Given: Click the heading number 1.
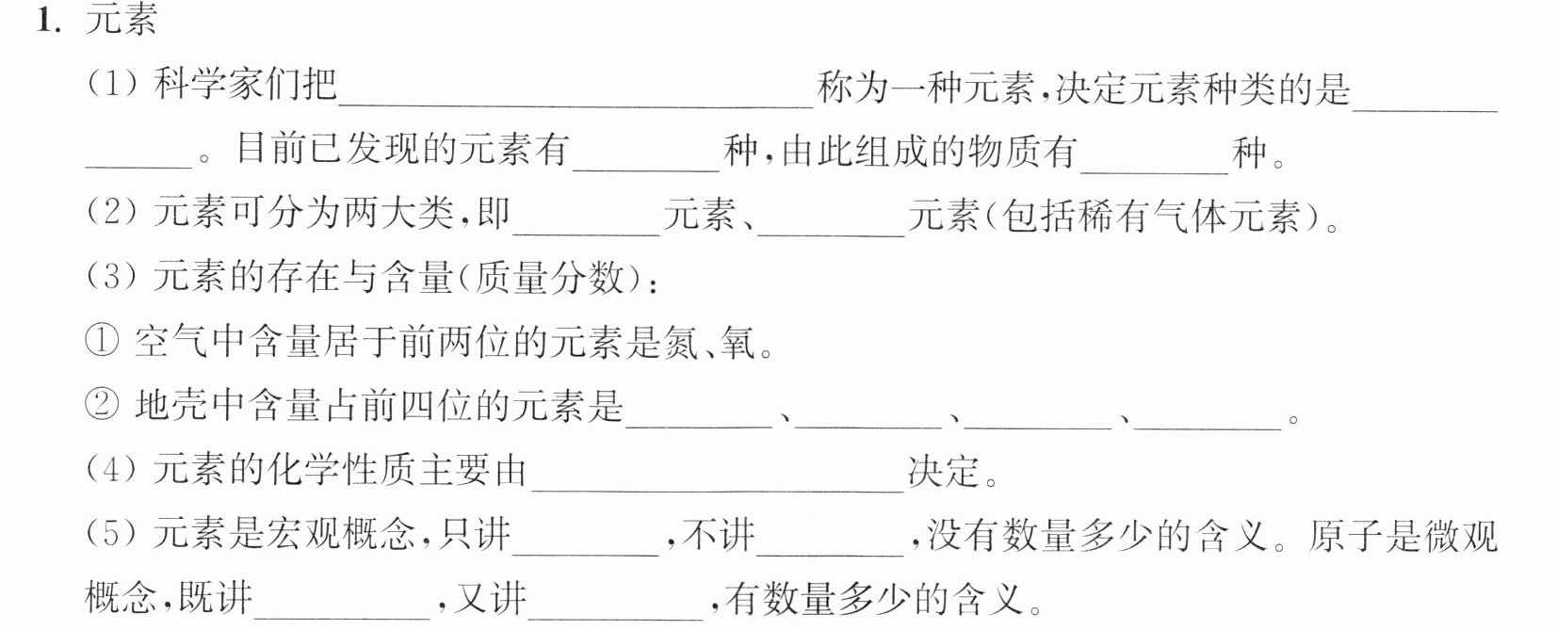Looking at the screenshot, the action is coord(50,21).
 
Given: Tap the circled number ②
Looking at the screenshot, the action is coord(102,405).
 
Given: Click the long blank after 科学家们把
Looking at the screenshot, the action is coord(576,107).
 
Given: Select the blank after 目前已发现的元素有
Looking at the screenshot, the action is coord(646,170).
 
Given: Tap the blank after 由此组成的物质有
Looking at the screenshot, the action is coord(1155,170).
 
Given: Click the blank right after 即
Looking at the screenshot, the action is coord(586,235).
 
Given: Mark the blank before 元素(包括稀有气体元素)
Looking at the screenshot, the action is coord(832,235).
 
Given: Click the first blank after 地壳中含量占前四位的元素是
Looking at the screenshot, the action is coord(699,428).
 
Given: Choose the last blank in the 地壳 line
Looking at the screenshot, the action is coord(1208,428).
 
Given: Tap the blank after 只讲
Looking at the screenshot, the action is coord(586,556).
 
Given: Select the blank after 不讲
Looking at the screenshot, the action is coord(831,556).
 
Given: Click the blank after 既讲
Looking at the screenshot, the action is coord(342,618).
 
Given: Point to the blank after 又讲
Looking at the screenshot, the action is coord(616,618).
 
